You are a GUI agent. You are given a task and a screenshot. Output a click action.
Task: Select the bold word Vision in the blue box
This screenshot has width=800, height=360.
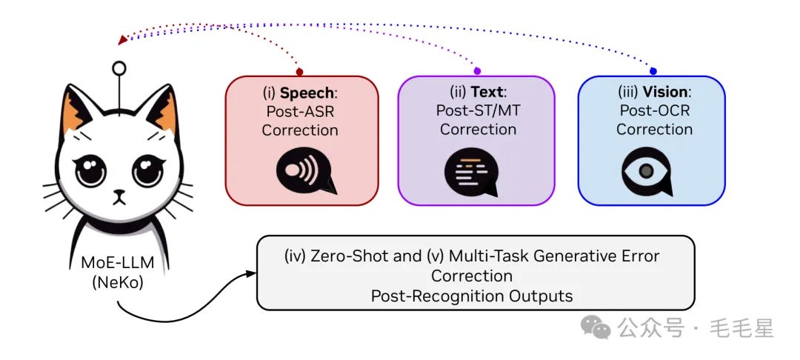coord(665,93)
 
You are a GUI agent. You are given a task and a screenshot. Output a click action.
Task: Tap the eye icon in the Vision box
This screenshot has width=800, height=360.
coord(647,171)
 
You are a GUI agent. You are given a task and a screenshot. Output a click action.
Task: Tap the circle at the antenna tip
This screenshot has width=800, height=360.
coord(119,68)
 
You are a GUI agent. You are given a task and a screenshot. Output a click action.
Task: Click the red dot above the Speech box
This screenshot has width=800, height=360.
coord(299,72)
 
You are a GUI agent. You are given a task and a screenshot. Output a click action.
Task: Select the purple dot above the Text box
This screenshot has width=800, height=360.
coord(476,71)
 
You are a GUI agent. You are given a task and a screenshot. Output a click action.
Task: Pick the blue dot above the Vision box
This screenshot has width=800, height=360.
coord(653,71)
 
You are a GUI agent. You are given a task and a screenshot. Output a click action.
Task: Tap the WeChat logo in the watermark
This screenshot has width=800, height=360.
coord(596,327)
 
